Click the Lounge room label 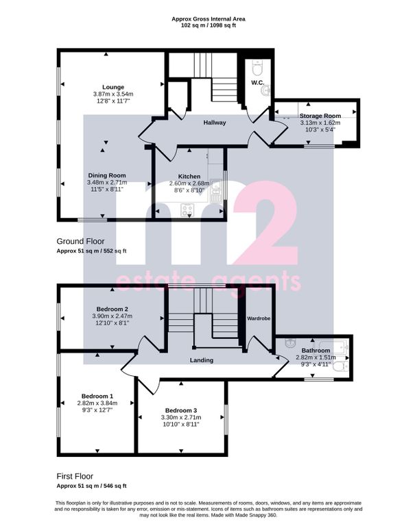[113, 87]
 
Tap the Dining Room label [107, 175]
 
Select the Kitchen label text [189, 177]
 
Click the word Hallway [215, 123]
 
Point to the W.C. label [258, 82]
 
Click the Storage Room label [320, 116]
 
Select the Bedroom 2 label [112, 309]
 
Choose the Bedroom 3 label [181, 411]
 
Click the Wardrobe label [259, 318]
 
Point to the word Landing [202, 360]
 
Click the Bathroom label [316, 351]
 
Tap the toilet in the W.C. [258, 67]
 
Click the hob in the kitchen [187, 210]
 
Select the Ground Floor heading [80, 241]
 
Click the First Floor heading [75, 476]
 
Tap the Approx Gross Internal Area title [208, 19]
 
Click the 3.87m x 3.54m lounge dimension [113, 95]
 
